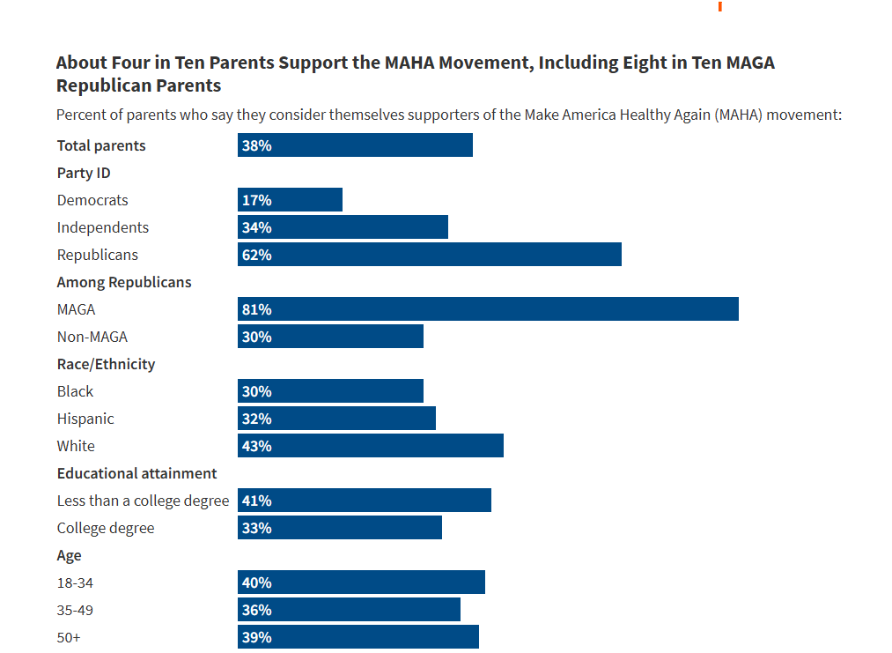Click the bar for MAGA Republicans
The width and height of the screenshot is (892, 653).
[488, 309]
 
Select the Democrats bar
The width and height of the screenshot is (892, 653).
[290, 200]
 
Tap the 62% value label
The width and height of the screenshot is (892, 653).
[257, 255]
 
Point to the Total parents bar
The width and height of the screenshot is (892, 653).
[355, 145]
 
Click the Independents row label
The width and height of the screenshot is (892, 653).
[103, 227]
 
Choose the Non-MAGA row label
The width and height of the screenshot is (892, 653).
[92, 337]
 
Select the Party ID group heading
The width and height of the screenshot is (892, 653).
[84, 173]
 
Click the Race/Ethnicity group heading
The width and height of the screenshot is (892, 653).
[106, 364]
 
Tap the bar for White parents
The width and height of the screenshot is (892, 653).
[371, 446]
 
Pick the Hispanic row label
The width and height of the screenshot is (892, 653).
[85, 419]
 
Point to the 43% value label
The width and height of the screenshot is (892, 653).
[257, 446]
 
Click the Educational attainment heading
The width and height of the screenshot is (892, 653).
[137, 473]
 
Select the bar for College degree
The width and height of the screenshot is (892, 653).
[340, 528]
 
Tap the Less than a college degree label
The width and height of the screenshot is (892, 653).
[143, 501]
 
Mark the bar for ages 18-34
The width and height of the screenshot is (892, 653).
[361, 583]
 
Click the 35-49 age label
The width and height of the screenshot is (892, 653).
[76, 610]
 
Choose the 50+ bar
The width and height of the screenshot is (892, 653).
[358, 637]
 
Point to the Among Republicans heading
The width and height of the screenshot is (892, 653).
[124, 282]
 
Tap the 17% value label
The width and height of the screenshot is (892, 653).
[257, 200]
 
